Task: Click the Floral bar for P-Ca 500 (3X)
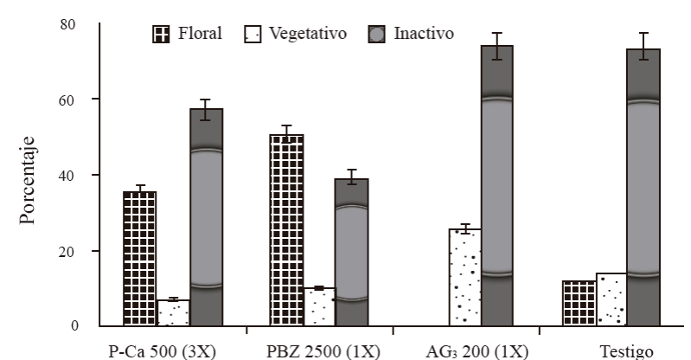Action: pos(139,259)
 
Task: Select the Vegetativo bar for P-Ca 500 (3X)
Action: pos(173,312)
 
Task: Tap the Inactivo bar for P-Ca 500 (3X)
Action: pos(207,217)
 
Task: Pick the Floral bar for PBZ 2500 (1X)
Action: pos(286,230)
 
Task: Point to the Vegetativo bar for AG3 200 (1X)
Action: pos(464,277)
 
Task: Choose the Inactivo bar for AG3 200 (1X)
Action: pos(497,185)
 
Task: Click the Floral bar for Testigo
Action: pos(579,303)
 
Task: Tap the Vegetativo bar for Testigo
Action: pos(611,299)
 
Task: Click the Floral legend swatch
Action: pos(161,35)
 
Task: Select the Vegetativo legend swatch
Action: pos(253,35)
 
